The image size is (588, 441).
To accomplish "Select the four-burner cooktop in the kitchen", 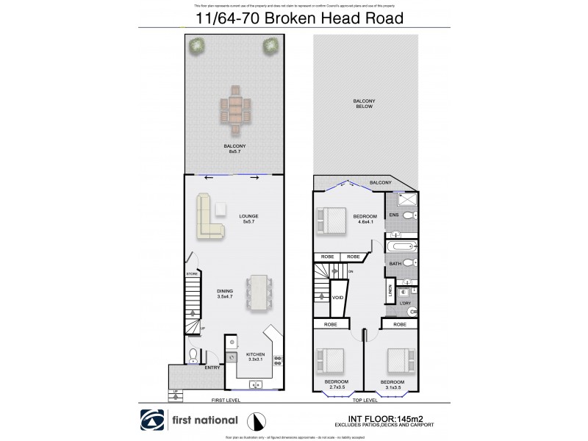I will tap(279, 360).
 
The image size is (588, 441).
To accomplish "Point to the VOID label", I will tap(338, 298).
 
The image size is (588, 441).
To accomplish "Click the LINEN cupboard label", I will tap(390, 293).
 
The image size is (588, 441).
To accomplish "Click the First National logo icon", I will tap(152, 420).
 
